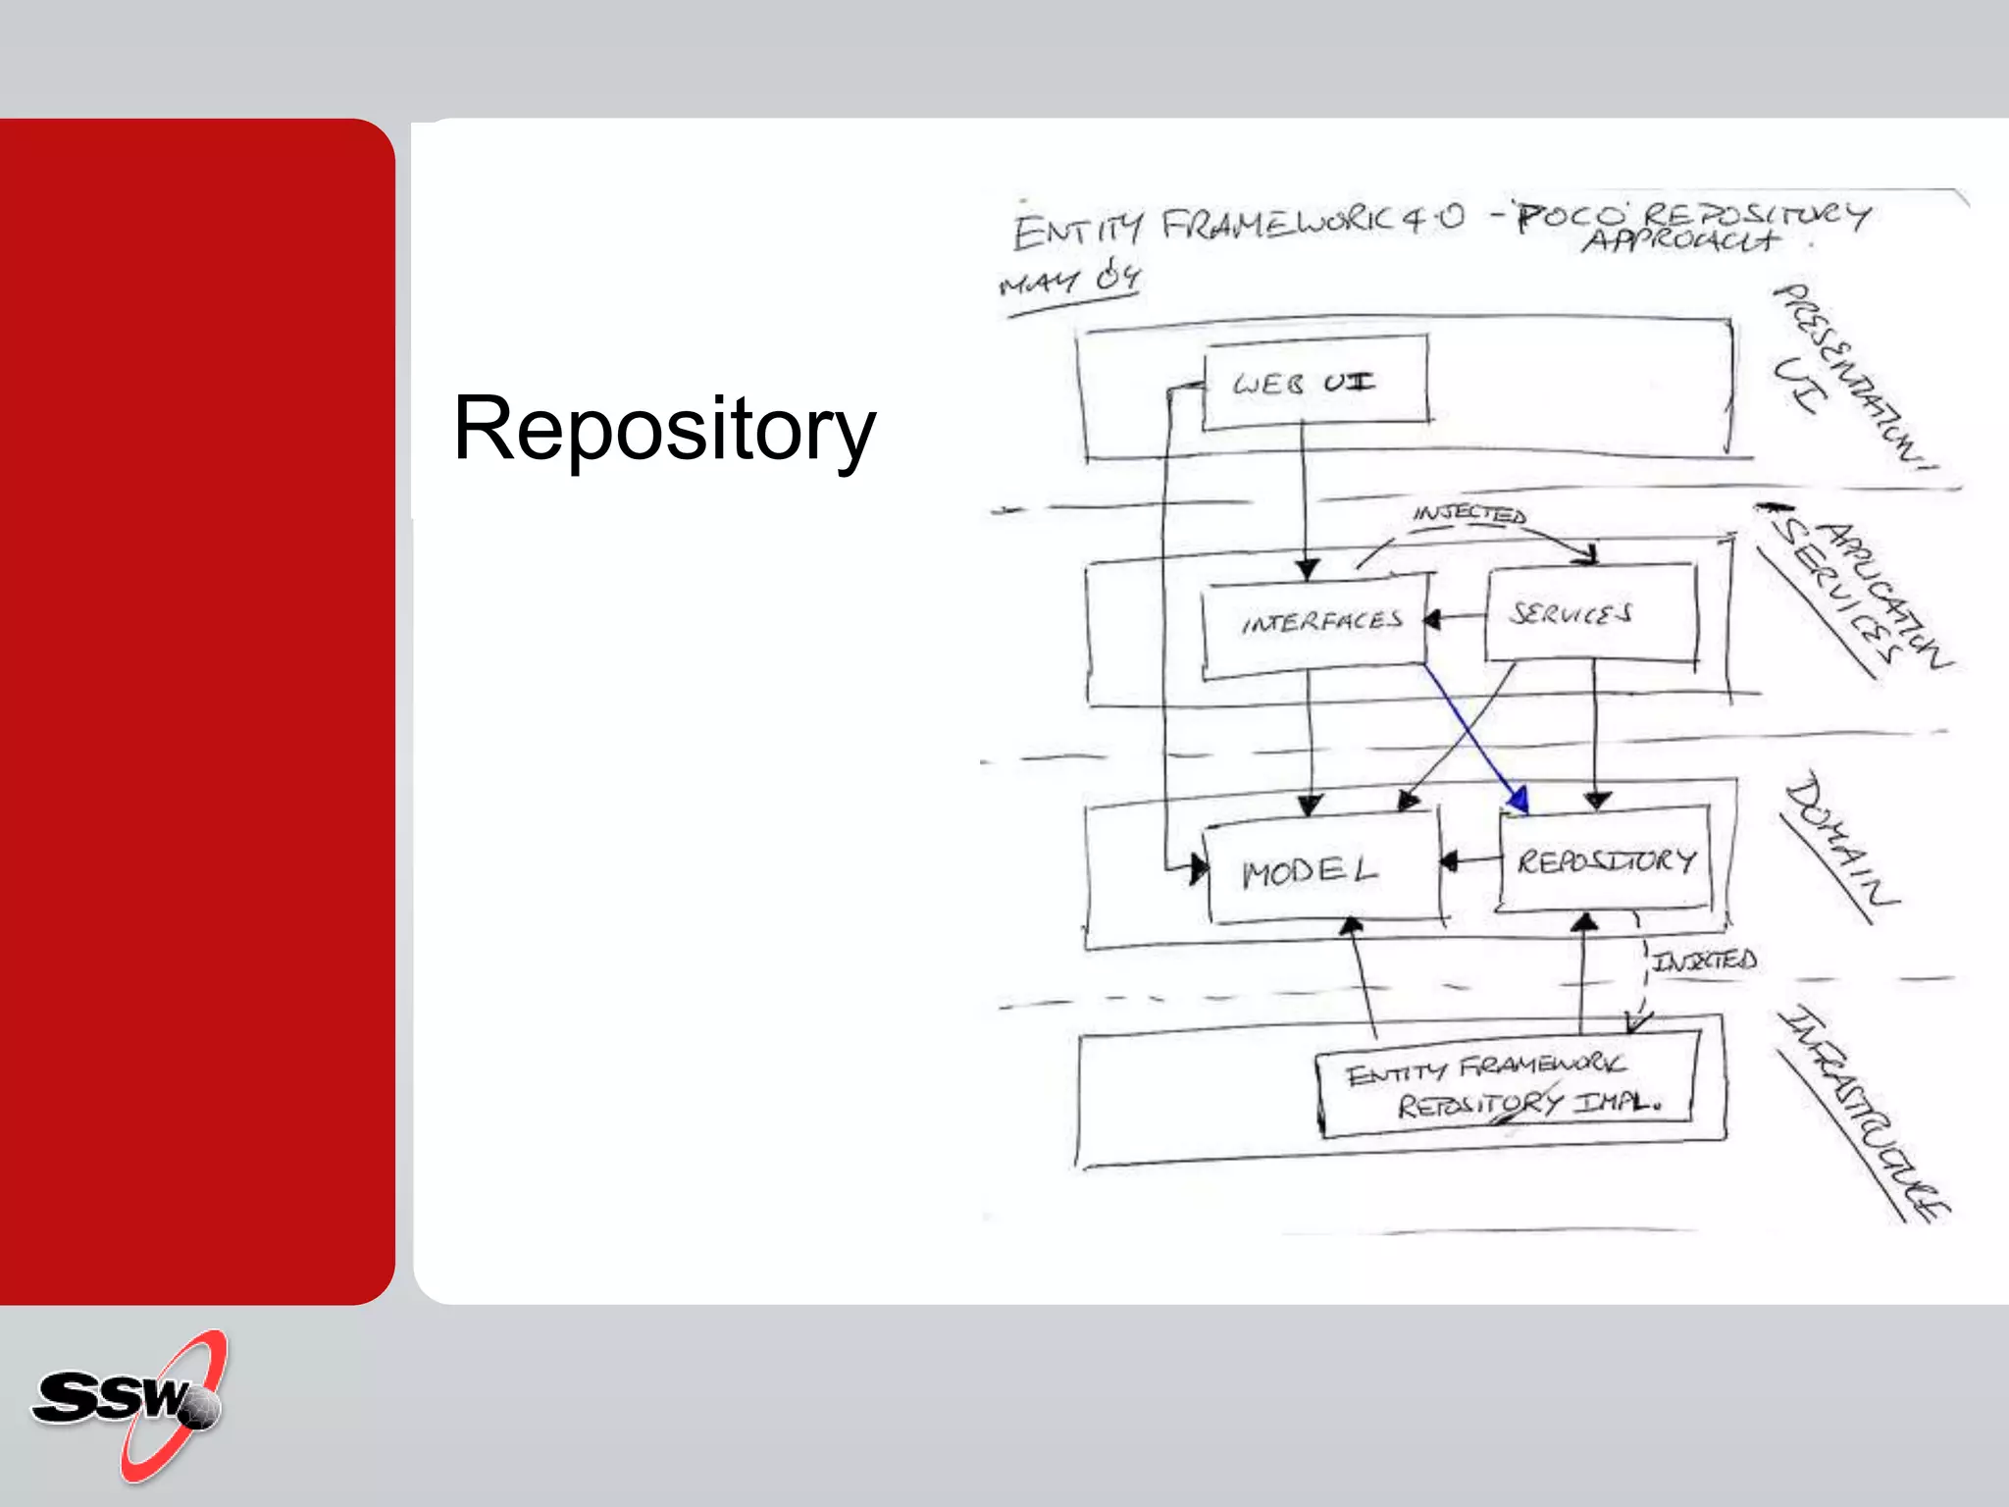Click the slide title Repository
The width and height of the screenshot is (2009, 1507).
pyautogui.click(x=664, y=430)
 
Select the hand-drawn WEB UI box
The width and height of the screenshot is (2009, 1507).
pyautogui.click(x=1314, y=382)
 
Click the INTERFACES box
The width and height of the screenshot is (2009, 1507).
pyautogui.click(x=1314, y=624)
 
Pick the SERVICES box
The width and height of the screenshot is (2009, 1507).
pyautogui.click(x=1589, y=613)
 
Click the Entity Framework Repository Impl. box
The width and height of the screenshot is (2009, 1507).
pyautogui.click(x=1506, y=1084)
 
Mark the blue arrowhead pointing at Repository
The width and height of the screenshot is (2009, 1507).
pyautogui.click(x=1518, y=800)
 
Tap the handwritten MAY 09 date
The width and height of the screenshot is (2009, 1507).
pyautogui.click(x=1069, y=280)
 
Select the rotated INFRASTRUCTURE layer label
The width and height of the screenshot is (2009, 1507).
pyautogui.click(x=1864, y=1114)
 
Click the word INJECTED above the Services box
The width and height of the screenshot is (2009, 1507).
pyautogui.click(x=1468, y=514)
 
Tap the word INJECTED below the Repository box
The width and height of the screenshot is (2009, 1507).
pyautogui.click(x=1704, y=960)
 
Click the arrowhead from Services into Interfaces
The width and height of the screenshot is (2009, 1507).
pyautogui.click(x=1433, y=620)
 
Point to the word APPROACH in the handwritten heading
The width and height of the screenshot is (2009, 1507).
pyautogui.click(x=1679, y=239)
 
